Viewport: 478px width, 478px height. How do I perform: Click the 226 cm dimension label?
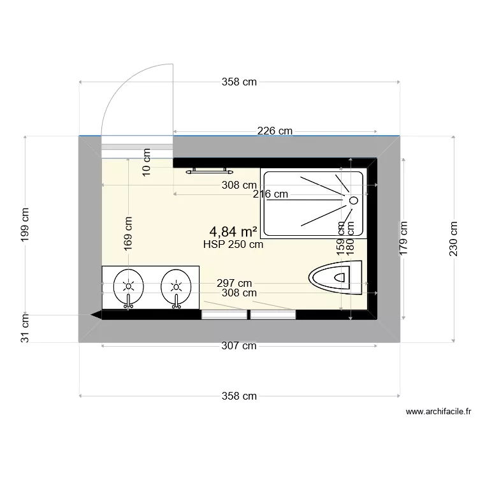275,131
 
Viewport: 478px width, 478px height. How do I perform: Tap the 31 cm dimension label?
25,328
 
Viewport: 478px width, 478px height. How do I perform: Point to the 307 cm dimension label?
239,345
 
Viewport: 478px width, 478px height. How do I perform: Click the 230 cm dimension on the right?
453,238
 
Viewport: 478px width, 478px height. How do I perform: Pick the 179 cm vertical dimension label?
402,238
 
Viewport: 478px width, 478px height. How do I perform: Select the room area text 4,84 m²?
233,231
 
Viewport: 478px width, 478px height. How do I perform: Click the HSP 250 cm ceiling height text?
233,243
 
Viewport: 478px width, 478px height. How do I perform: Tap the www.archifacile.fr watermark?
438,412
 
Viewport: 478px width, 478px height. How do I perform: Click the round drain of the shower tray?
352,201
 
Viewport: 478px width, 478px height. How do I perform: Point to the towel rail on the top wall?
208,171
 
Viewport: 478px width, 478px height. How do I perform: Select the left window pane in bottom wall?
224,314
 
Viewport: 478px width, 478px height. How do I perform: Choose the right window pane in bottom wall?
273,314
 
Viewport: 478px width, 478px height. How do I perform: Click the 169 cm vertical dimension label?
128,232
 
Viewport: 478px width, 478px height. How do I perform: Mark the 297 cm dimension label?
233,284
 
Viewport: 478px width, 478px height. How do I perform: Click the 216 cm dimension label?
270,194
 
